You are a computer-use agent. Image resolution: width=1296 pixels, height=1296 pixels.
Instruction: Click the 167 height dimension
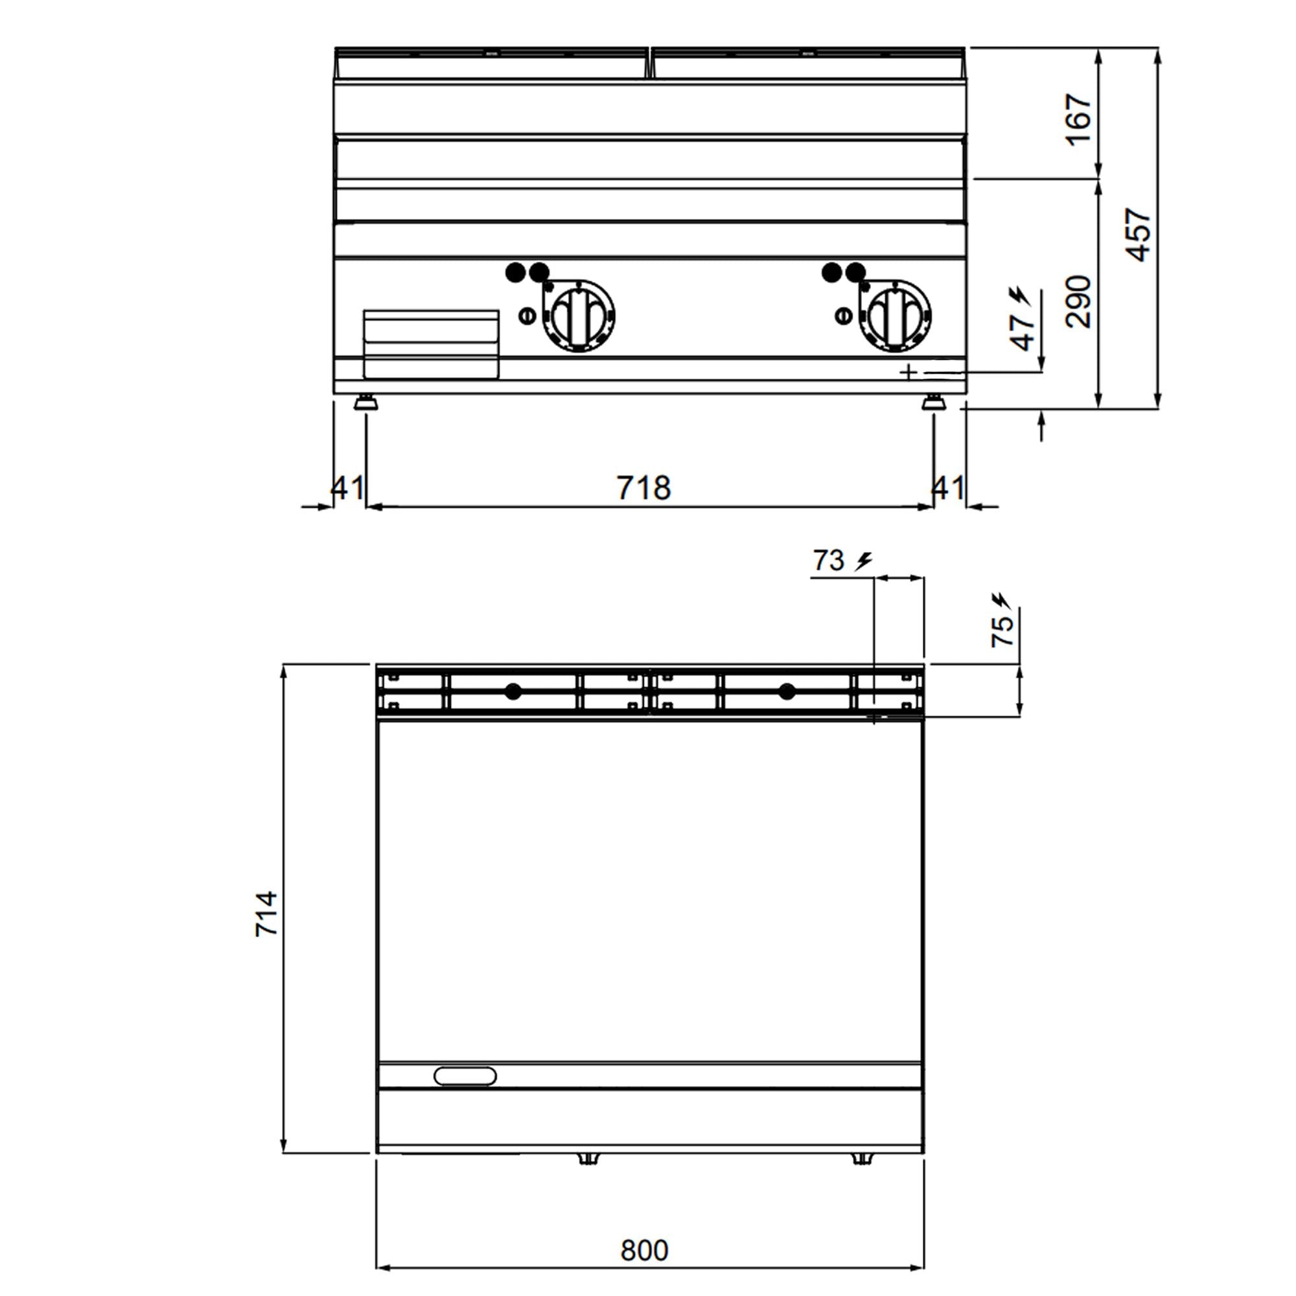click(1078, 119)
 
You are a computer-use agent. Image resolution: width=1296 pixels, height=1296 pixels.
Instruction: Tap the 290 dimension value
click(1078, 301)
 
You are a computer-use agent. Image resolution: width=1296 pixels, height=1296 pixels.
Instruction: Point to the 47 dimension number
click(1023, 331)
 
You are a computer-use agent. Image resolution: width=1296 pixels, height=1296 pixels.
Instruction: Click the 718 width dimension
click(643, 488)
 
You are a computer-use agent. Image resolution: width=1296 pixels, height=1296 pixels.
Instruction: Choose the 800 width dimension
click(644, 1251)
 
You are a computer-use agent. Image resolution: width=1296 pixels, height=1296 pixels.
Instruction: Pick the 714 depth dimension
click(266, 914)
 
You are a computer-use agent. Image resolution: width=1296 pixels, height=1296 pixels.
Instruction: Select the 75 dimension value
click(1002, 631)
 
